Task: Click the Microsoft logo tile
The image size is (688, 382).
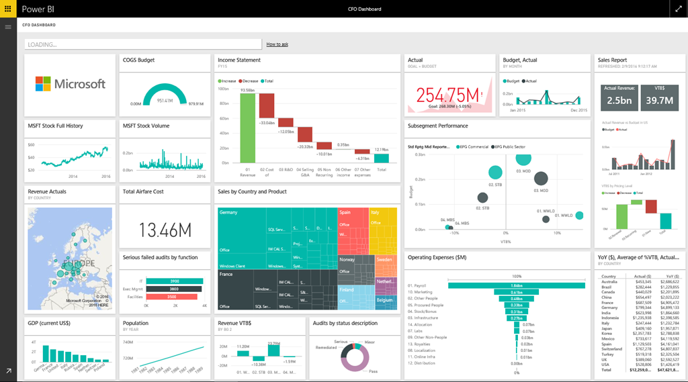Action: [70, 84]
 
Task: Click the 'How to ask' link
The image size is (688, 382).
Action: [277, 44]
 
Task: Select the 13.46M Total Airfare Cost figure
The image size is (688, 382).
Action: [165, 230]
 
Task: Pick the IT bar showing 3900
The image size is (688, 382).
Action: [173, 281]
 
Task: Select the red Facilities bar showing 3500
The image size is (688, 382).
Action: [171, 296]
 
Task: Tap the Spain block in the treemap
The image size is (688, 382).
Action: [353, 228]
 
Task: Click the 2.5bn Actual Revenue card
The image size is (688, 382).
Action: [619, 96]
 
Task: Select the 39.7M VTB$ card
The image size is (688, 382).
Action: [659, 96]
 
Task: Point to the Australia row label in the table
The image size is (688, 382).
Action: [609, 281]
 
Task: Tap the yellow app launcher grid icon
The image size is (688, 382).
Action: [8, 9]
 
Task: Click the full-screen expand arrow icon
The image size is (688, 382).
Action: [678, 9]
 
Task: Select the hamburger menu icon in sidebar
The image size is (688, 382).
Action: [8, 27]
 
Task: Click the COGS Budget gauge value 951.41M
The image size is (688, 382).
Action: [166, 100]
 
